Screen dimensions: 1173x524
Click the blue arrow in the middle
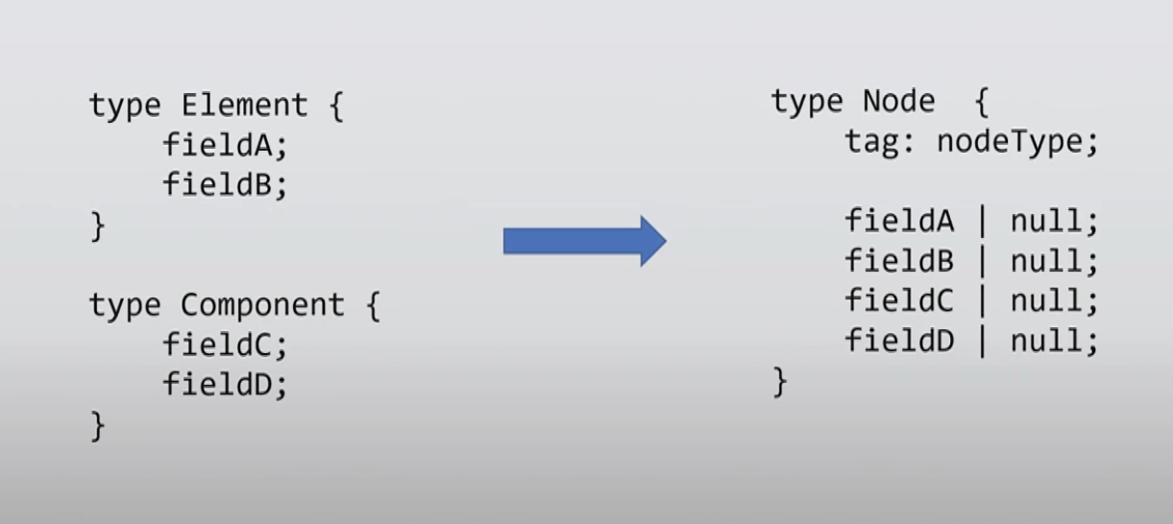click(x=584, y=241)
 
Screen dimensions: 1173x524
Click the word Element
click(x=244, y=106)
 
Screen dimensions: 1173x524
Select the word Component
click(x=262, y=306)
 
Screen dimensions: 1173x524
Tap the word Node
click(x=898, y=102)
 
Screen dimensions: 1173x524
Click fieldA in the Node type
click(x=899, y=221)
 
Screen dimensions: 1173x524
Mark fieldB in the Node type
click(x=899, y=260)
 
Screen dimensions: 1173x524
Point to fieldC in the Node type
click(x=899, y=300)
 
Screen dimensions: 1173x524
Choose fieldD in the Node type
click(x=899, y=340)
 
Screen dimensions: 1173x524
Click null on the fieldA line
click(x=1047, y=221)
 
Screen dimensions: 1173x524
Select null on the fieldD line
click(x=1047, y=340)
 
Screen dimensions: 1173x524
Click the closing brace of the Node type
click(x=780, y=383)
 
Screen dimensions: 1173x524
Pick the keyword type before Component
click(x=125, y=306)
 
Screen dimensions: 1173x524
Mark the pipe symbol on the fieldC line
click(x=982, y=301)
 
